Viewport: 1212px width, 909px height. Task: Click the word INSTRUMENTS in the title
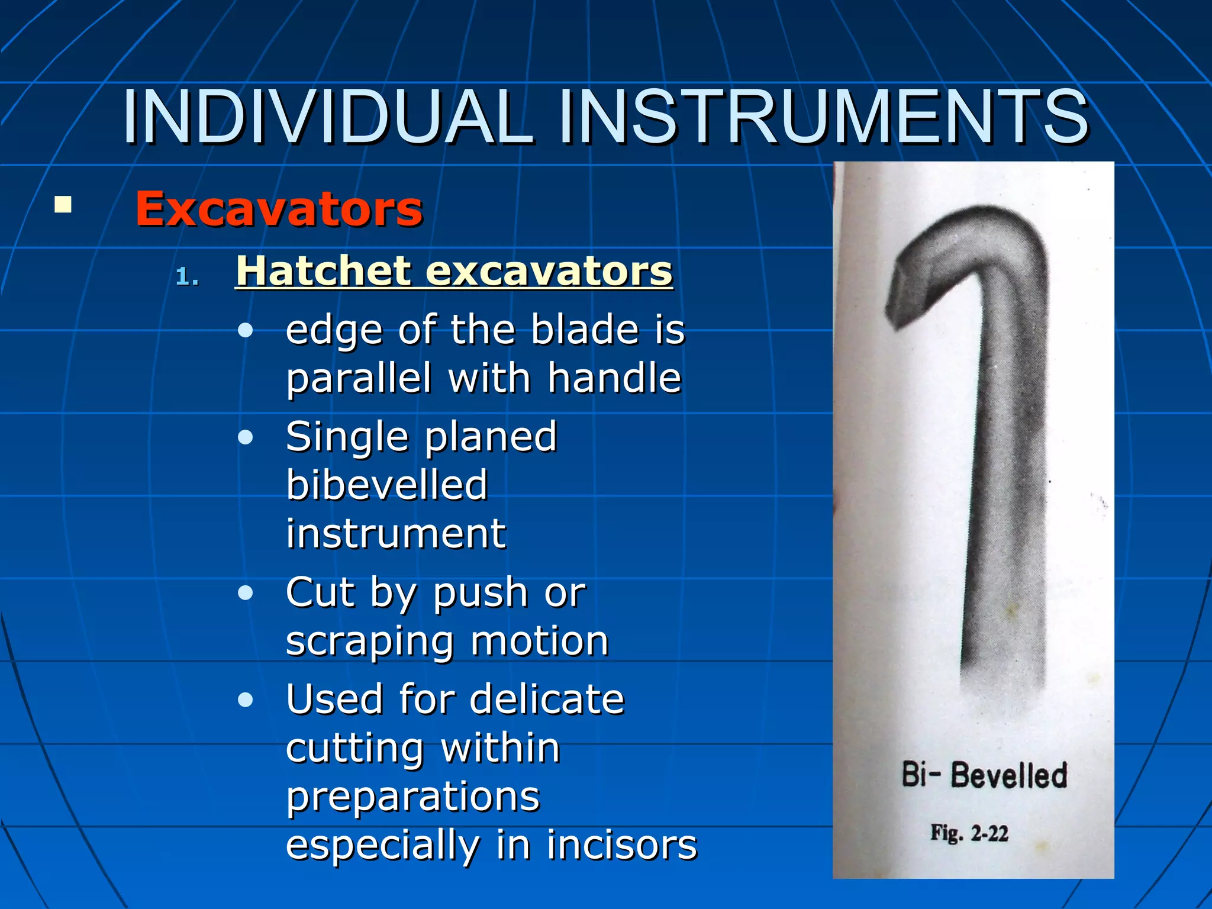coord(823,117)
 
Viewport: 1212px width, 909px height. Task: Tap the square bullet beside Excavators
coord(63,205)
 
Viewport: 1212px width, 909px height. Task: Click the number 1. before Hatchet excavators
coord(188,277)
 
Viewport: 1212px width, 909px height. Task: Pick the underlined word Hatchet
coord(323,271)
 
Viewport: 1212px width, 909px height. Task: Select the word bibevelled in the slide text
coord(386,485)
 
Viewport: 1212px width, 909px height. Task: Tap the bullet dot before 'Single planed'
coord(245,437)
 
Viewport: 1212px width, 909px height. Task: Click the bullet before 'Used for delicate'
coord(245,700)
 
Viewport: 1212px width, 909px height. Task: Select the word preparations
coord(412,796)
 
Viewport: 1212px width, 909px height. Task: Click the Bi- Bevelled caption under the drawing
coord(984,775)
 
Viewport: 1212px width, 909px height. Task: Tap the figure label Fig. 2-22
coord(969,833)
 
